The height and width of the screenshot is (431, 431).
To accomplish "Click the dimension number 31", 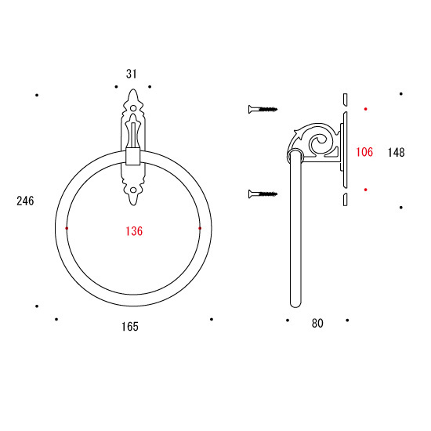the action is (x=132, y=74).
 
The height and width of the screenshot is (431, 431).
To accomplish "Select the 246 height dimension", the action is (x=25, y=201).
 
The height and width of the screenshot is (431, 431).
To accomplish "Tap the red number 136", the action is (x=134, y=231).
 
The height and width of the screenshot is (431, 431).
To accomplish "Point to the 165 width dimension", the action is (x=130, y=327).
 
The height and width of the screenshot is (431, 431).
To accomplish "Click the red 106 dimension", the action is (x=364, y=152).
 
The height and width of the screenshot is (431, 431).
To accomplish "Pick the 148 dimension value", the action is (x=396, y=152).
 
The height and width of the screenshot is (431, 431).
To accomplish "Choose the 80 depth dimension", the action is (x=317, y=323).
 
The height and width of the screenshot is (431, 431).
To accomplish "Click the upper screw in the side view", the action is (x=263, y=110).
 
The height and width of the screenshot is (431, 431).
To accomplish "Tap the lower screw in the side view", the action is (x=263, y=194).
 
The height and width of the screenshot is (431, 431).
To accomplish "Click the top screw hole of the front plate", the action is (x=133, y=108).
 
